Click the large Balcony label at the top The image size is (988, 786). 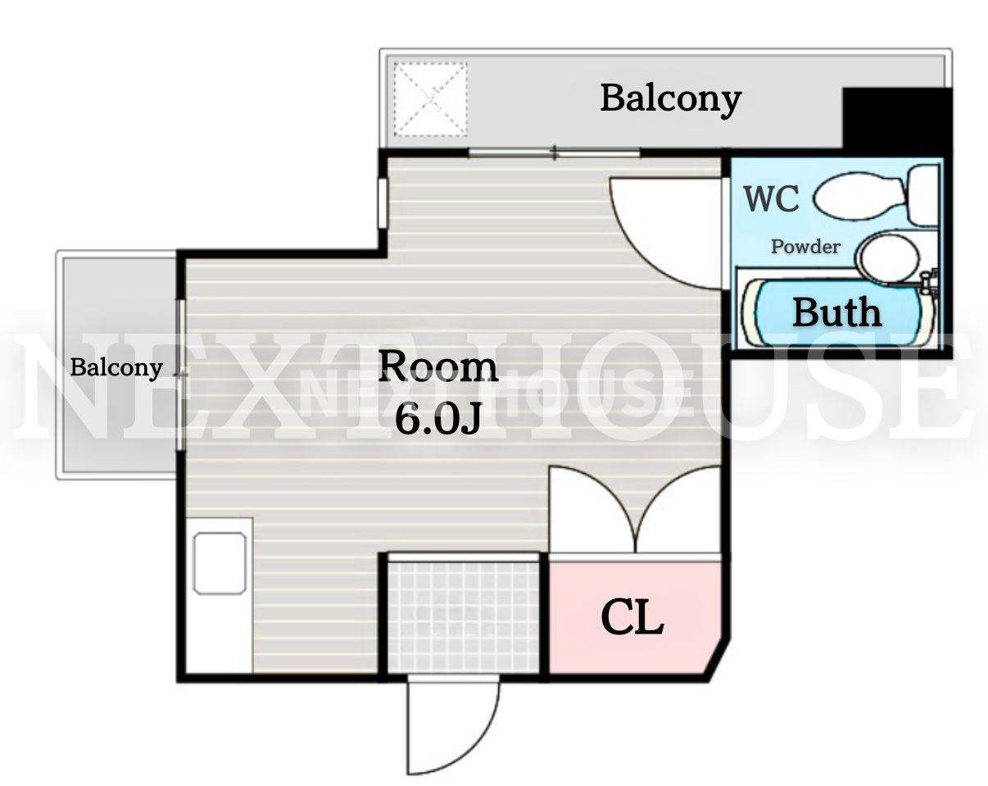(671, 100)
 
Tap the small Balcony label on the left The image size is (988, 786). (116, 368)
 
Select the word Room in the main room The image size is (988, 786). (437, 366)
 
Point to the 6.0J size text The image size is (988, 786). (437, 420)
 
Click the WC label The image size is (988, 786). (772, 198)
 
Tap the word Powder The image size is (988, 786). (805, 247)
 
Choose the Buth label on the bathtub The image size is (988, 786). (837, 312)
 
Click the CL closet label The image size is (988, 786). (632, 617)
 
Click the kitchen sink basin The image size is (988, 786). (220, 563)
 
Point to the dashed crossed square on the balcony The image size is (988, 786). (431, 99)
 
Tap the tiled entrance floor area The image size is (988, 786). (463, 617)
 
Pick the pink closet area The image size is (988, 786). (634, 617)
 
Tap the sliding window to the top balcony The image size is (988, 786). (554, 153)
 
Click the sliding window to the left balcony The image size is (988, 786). (181, 375)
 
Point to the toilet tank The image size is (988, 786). (923, 195)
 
